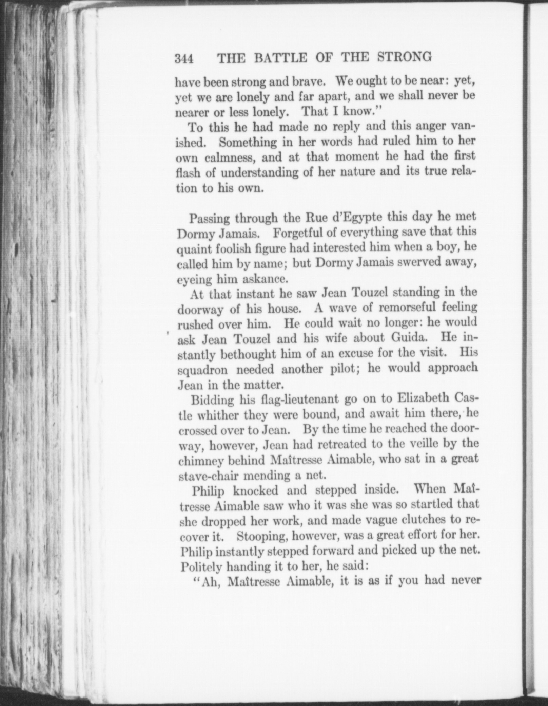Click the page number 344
coord(184,59)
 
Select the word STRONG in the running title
coord(405,57)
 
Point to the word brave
coord(308,82)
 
